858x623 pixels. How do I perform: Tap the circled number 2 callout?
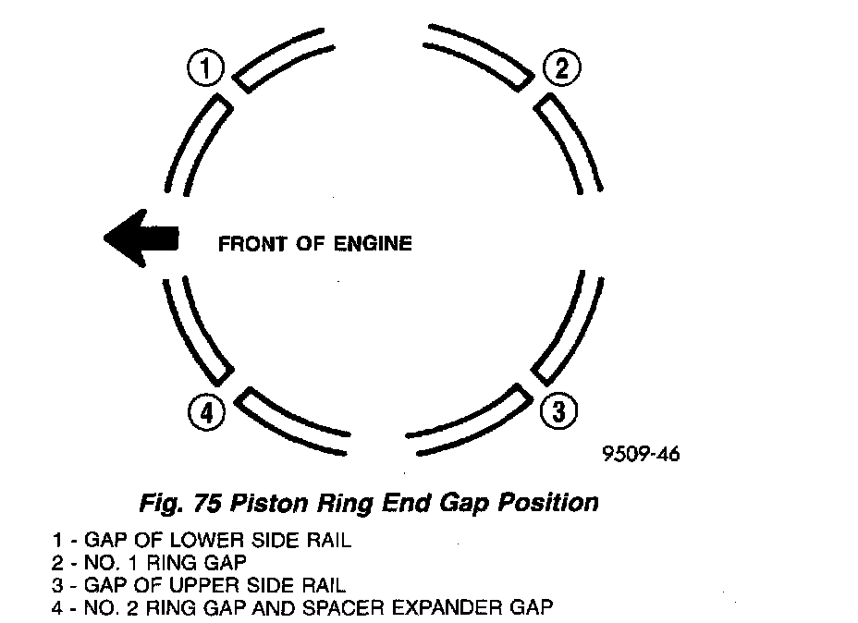pyautogui.click(x=560, y=67)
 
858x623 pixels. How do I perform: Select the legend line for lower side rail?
pyautogui.click(x=202, y=541)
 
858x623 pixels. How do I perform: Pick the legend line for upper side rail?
pyautogui.click(x=200, y=585)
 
